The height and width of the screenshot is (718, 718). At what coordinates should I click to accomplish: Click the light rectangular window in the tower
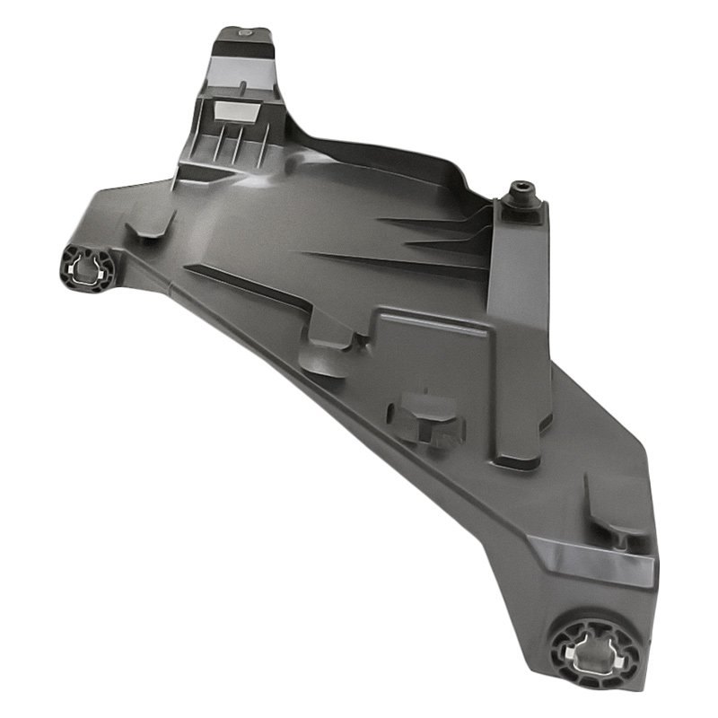pos(237,111)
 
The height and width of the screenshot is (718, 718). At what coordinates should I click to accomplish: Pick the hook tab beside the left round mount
pos(148,224)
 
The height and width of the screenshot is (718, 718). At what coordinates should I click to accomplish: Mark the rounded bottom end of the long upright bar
pos(519,458)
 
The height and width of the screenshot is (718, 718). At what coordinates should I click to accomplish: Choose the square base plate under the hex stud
pos(525,213)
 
